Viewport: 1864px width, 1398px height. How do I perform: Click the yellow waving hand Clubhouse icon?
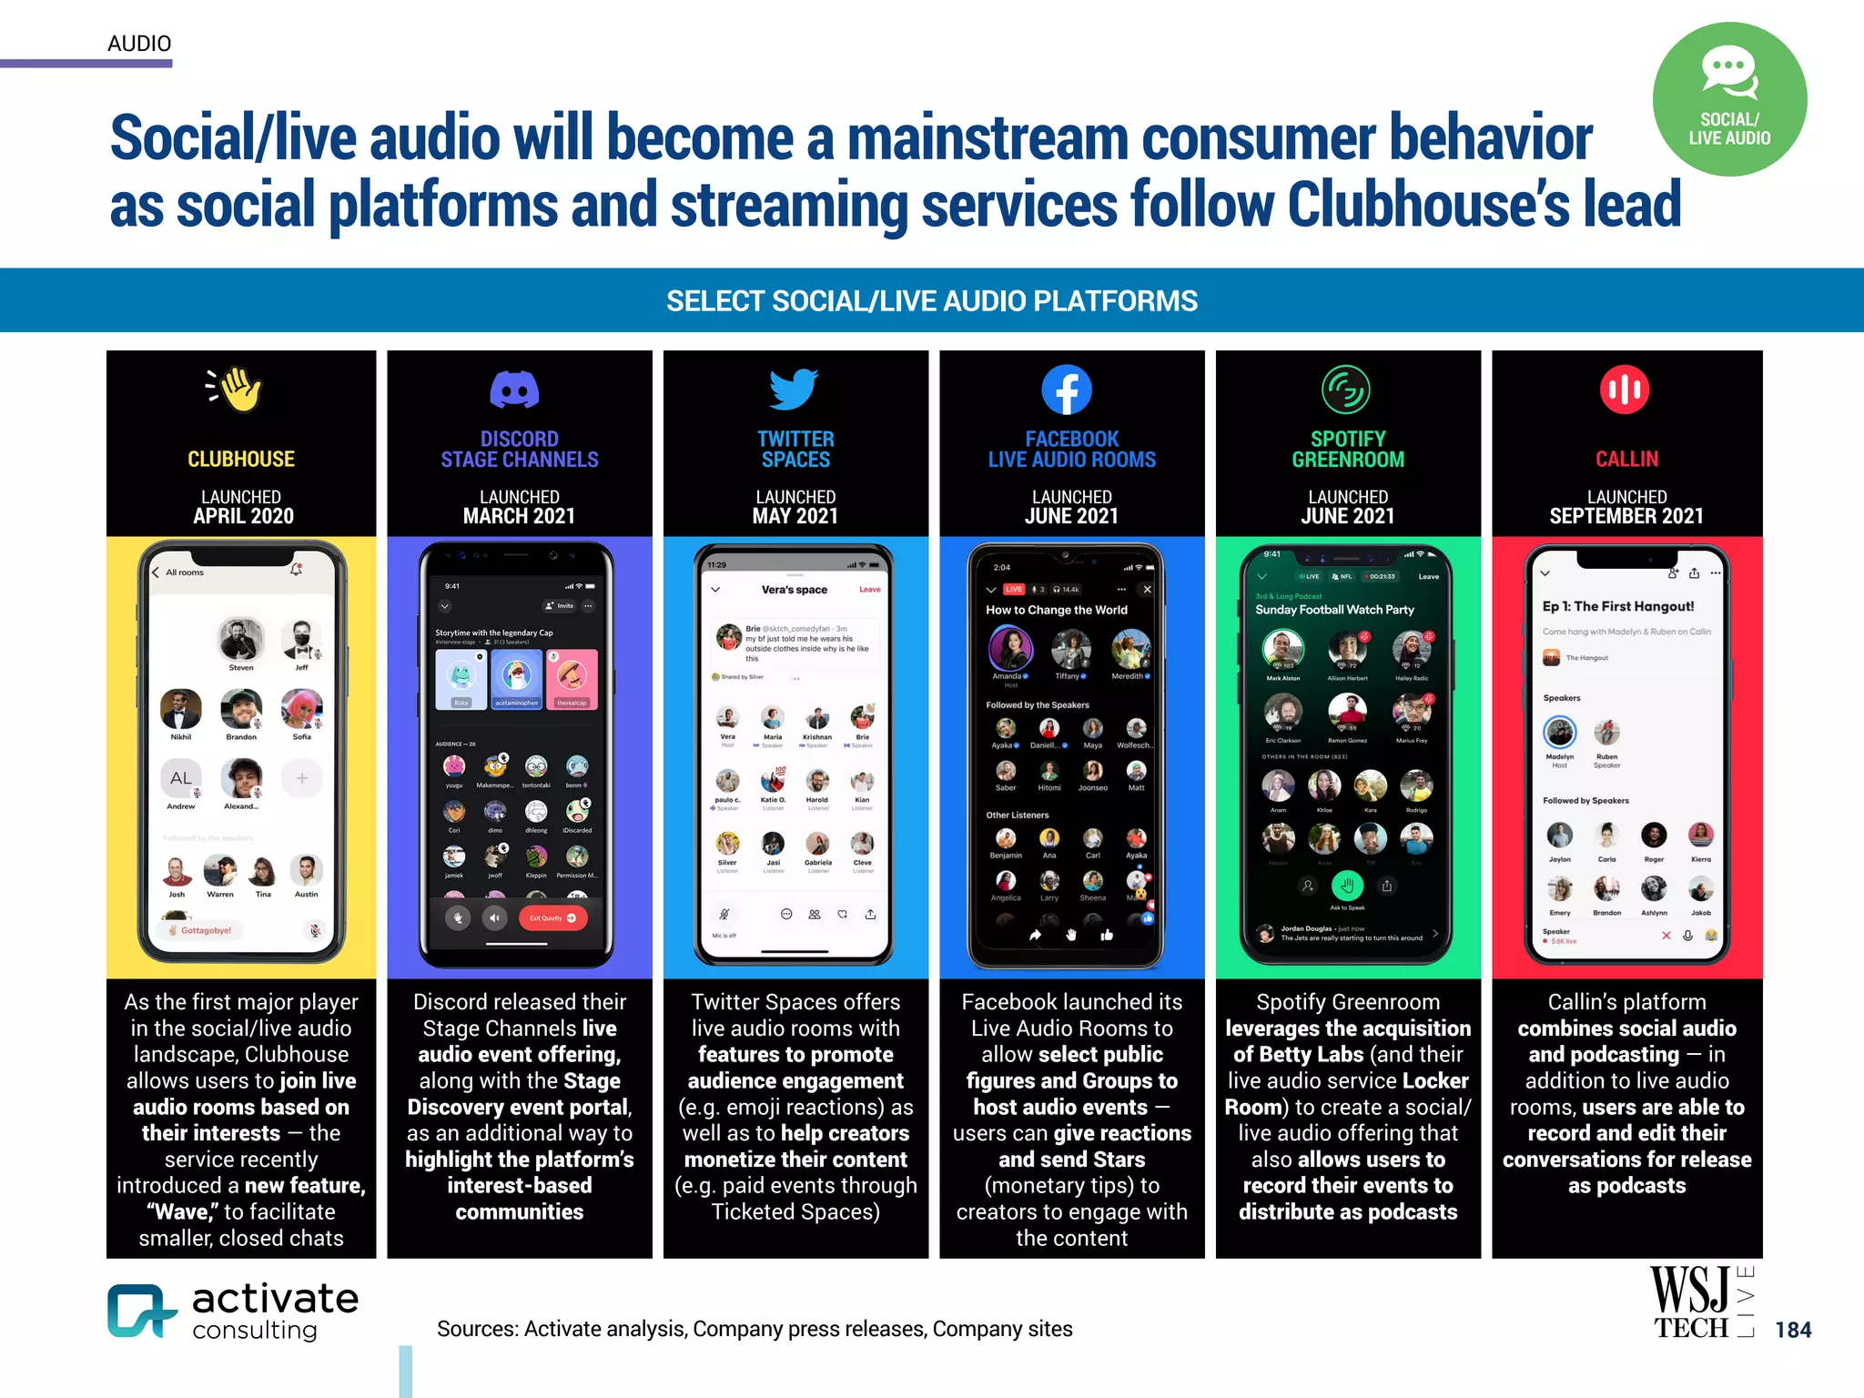click(x=236, y=390)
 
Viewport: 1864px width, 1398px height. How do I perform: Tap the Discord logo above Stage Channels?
click(x=515, y=390)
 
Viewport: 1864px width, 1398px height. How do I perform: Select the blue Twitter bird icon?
click(x=794, y=390)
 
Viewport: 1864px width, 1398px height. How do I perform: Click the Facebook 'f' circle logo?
click(x=1067, y=390)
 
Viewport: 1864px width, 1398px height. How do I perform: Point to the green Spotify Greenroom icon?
click(x=1345, y=390)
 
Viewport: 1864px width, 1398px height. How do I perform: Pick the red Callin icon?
click(x=1625, y=390)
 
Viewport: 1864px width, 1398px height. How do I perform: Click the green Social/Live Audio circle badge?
click(x=1729, y=99)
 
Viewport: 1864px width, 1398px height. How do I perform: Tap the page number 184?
click(x=1793, y=1330)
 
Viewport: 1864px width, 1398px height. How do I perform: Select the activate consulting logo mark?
click(x=139, y=1311)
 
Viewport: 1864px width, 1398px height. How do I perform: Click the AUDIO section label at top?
click(x=139, y=44)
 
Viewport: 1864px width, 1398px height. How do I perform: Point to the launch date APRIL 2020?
click(x=243, y=517)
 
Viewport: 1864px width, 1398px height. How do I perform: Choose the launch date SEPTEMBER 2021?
click(x=1626, y=517)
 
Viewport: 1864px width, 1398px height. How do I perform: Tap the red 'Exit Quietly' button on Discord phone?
click(x=552, y=918)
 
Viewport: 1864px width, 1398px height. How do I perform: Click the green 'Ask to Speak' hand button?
click(x=1347, y=885)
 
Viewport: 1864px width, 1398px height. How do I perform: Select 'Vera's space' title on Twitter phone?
click(x=794, y=590)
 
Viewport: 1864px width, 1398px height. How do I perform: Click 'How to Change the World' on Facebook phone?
click(x=1056, y=610)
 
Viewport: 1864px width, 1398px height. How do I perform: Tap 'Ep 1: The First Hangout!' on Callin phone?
click(x=1617, y=606)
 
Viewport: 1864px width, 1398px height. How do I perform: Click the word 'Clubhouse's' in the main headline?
click(x=1428, y=205)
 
